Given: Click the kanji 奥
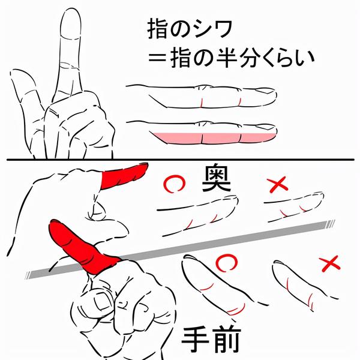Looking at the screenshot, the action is [x=216, y=179].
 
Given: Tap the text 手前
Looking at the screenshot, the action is [x=211, y=340].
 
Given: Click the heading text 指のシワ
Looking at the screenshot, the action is [x=189, y=29].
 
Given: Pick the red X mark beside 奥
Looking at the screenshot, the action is [x=278, y=184].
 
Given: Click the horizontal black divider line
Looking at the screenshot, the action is [x=181, y=160].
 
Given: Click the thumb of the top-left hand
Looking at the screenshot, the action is [x=25, y=92].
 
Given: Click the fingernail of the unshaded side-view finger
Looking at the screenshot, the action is [x=266, y=91].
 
